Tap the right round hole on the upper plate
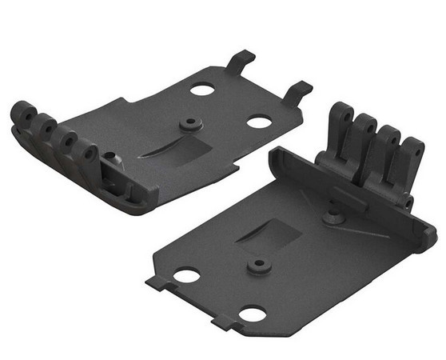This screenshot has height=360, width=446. coord(258,122)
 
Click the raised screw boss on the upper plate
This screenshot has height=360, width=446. coord(189,125)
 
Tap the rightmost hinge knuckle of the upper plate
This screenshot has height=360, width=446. coord(89,153)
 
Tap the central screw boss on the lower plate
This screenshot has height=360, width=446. coord(257,265)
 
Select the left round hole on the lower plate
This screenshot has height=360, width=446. coord(188,276)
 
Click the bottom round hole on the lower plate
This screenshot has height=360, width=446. coord(254,314)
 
